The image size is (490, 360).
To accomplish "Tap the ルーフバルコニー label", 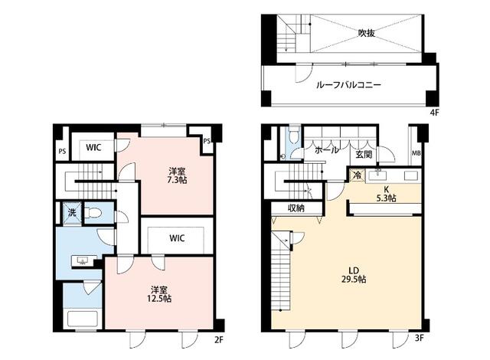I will click(349, 85).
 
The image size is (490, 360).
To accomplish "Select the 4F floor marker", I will click(434, 113).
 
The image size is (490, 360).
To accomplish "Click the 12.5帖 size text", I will click(160, 298).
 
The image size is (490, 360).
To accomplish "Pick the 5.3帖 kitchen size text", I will click(386, 198).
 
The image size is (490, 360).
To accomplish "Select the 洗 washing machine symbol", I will click(70, 212).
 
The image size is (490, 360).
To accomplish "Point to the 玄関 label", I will click(364, 154).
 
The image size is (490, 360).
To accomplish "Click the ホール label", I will click(327, 151).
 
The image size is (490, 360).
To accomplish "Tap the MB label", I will click(416, 153).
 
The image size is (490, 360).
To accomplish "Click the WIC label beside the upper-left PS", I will click(94, 146).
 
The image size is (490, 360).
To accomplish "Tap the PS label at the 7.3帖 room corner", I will click(207, 141).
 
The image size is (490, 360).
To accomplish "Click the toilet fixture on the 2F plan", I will click(92, 212).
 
